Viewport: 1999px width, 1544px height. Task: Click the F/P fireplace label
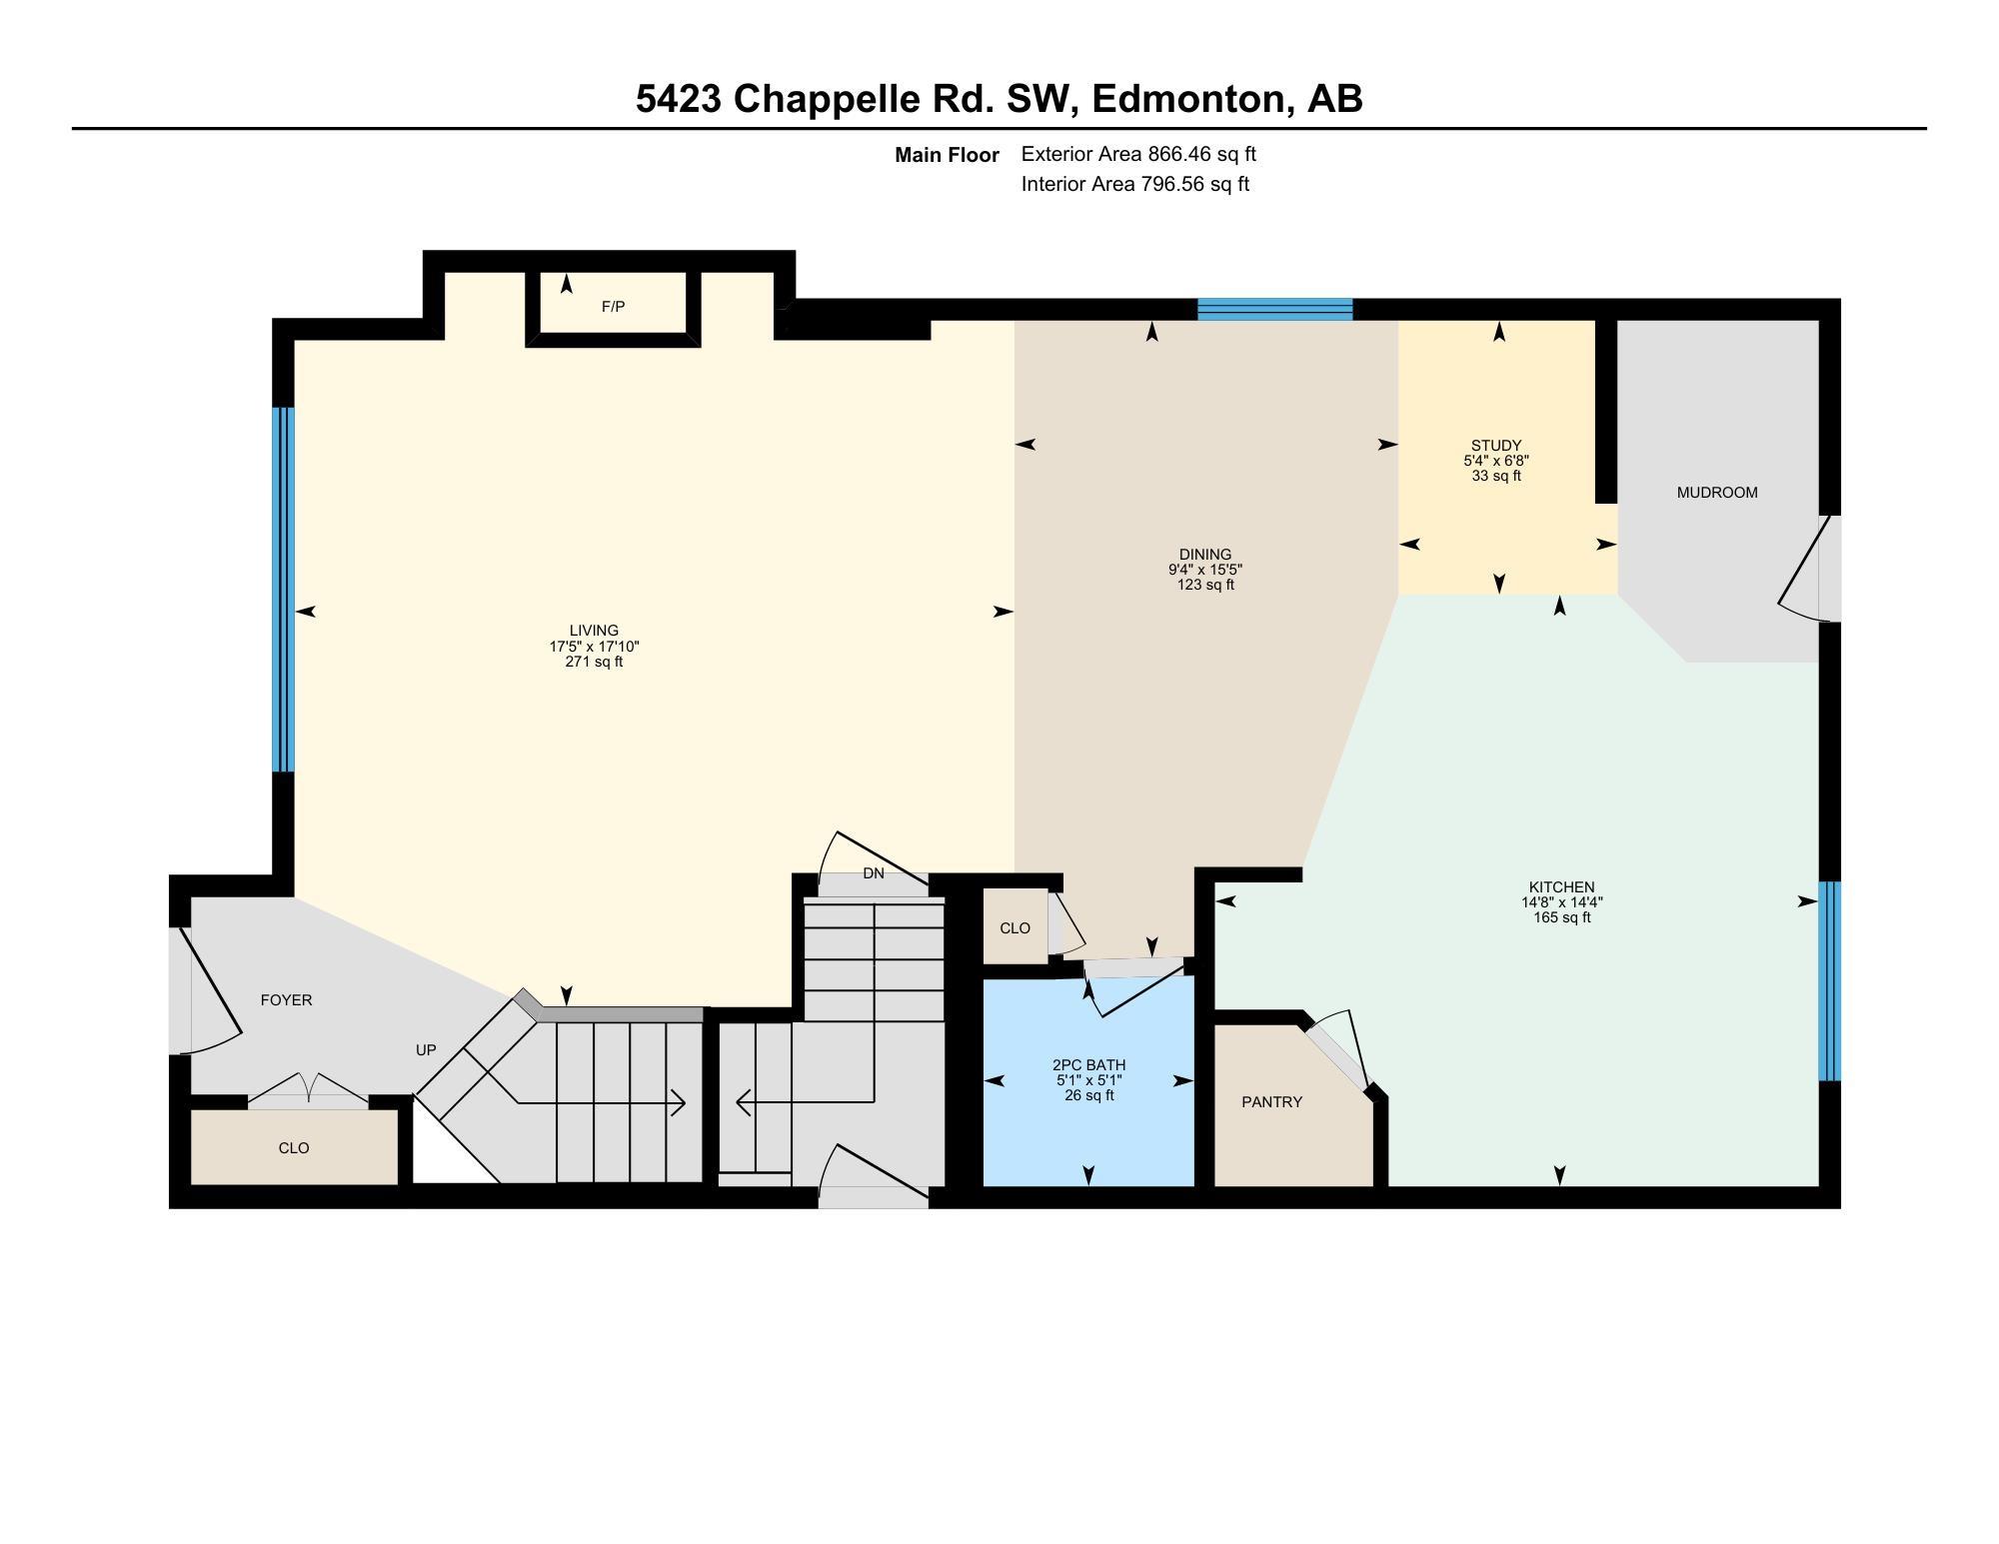pyautogui.click(x=613, y=307)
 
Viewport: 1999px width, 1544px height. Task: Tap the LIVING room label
pyautogui.click(x=594, y=631)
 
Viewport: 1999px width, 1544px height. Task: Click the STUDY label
pyautogui.click(x=1495, y=446)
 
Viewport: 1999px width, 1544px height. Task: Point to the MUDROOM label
pyautogui.click(x=1716, y=493)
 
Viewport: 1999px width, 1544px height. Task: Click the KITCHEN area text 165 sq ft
pyautogui.click(x=1561, y=917)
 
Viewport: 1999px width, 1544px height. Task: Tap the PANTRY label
pyautogui.click(x=1271, y=1102)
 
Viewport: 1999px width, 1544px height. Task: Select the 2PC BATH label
pyautogui.click(x=1088, y=1065)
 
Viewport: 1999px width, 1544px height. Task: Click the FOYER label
pyautogui.click(x=286, y=1000)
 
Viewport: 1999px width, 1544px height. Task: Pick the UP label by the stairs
pyautogui.click(x=426, y=1050)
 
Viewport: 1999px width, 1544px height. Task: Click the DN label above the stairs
pyautogui.click(x=873, y=873)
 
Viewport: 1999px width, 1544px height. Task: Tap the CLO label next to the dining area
pyautogui.click(x=1014, y=928)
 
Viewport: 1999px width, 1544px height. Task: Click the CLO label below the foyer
pyautogui.click(x=293, y=1148)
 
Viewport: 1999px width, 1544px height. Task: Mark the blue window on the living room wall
pyautogui.click(x=284, y=590)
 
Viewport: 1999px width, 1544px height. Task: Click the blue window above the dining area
pyautogui.click(x=1274, y=309)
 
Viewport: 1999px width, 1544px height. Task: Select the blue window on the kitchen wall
pyautogui.click(x=1828, y=980)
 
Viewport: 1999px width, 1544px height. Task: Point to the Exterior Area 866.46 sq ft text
pyautogui.click(x=1137, y=154)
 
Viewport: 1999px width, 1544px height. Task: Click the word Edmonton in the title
pyautogui.click(x=1187, y=99)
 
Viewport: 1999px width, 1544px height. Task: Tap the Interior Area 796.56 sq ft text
pyautogui.click(x=1134, y=184)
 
